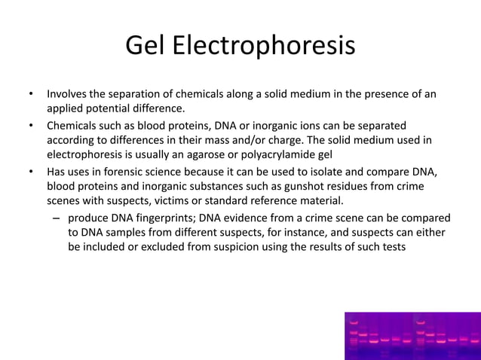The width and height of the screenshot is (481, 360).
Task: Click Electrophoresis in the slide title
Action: click(x=264, y=47)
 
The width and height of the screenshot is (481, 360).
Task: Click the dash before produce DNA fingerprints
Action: click(x=57, y=218)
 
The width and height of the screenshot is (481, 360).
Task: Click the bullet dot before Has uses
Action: click(x=31, y=171)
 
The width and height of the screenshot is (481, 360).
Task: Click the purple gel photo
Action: click(x=412, y=336)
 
